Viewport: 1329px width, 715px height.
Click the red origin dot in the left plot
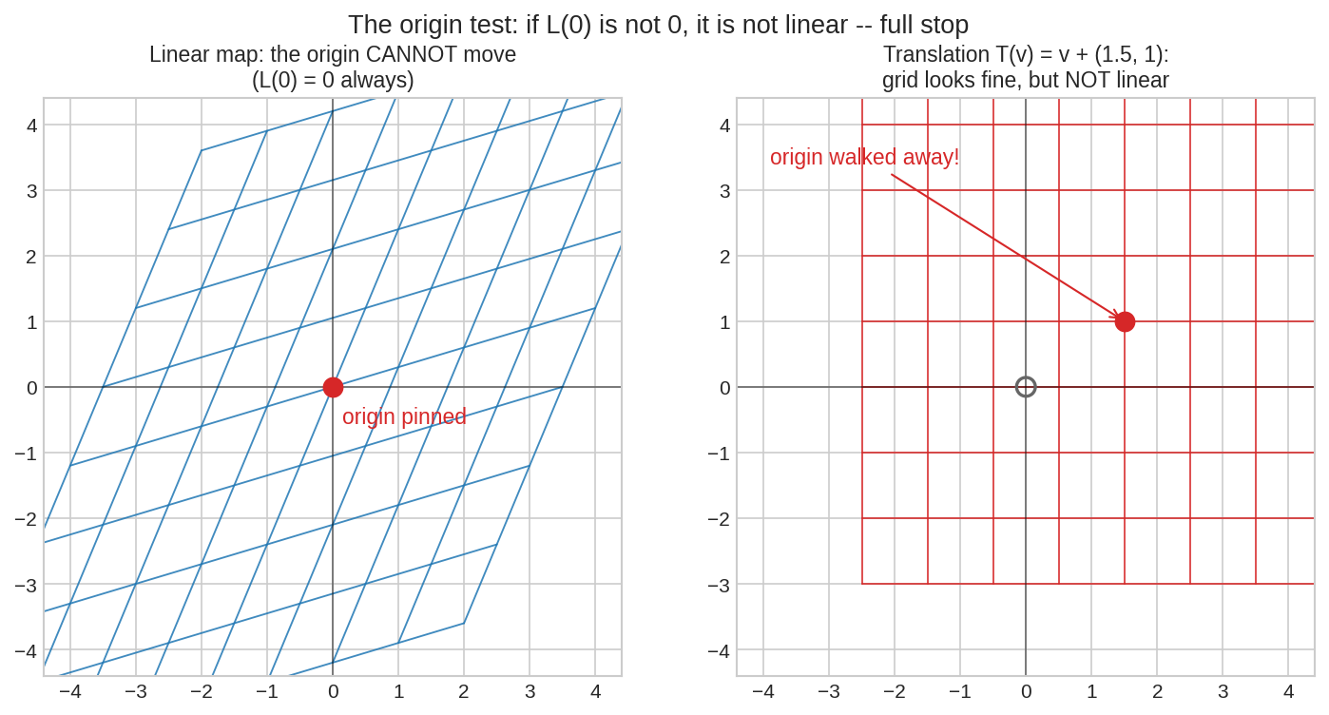pyautogui.click(x=333, y=388)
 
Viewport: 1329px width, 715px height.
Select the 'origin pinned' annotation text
pyautogui.click(x=404, y=416)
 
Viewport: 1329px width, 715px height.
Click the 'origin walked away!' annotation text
pyautogui.click(x=864, y=157)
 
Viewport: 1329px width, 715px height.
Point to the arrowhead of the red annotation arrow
pyautogui.click(x=1116, y=316)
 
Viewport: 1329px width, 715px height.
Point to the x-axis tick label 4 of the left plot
pyautogui.click(x=596, y=691)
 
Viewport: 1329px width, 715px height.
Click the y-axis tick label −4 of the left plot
pyautogui.click(x=26, y=651)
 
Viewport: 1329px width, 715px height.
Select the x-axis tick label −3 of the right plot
pyautogui.click(x=829, y=691)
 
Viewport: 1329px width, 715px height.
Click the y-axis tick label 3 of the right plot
pyautogui.click(x=724, y=191)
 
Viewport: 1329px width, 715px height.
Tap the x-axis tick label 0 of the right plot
pyautogui.click(x=1026, y=691)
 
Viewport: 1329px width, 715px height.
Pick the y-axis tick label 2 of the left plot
pyautogui.click(x=32, y=257)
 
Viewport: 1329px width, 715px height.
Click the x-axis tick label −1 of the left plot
pyautogui.click(x=267, y=691)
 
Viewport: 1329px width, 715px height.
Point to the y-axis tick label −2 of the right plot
pyautogui.click(x=719, y=520)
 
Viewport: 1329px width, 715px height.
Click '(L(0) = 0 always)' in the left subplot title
pyautogui.click(x=333, y=80)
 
